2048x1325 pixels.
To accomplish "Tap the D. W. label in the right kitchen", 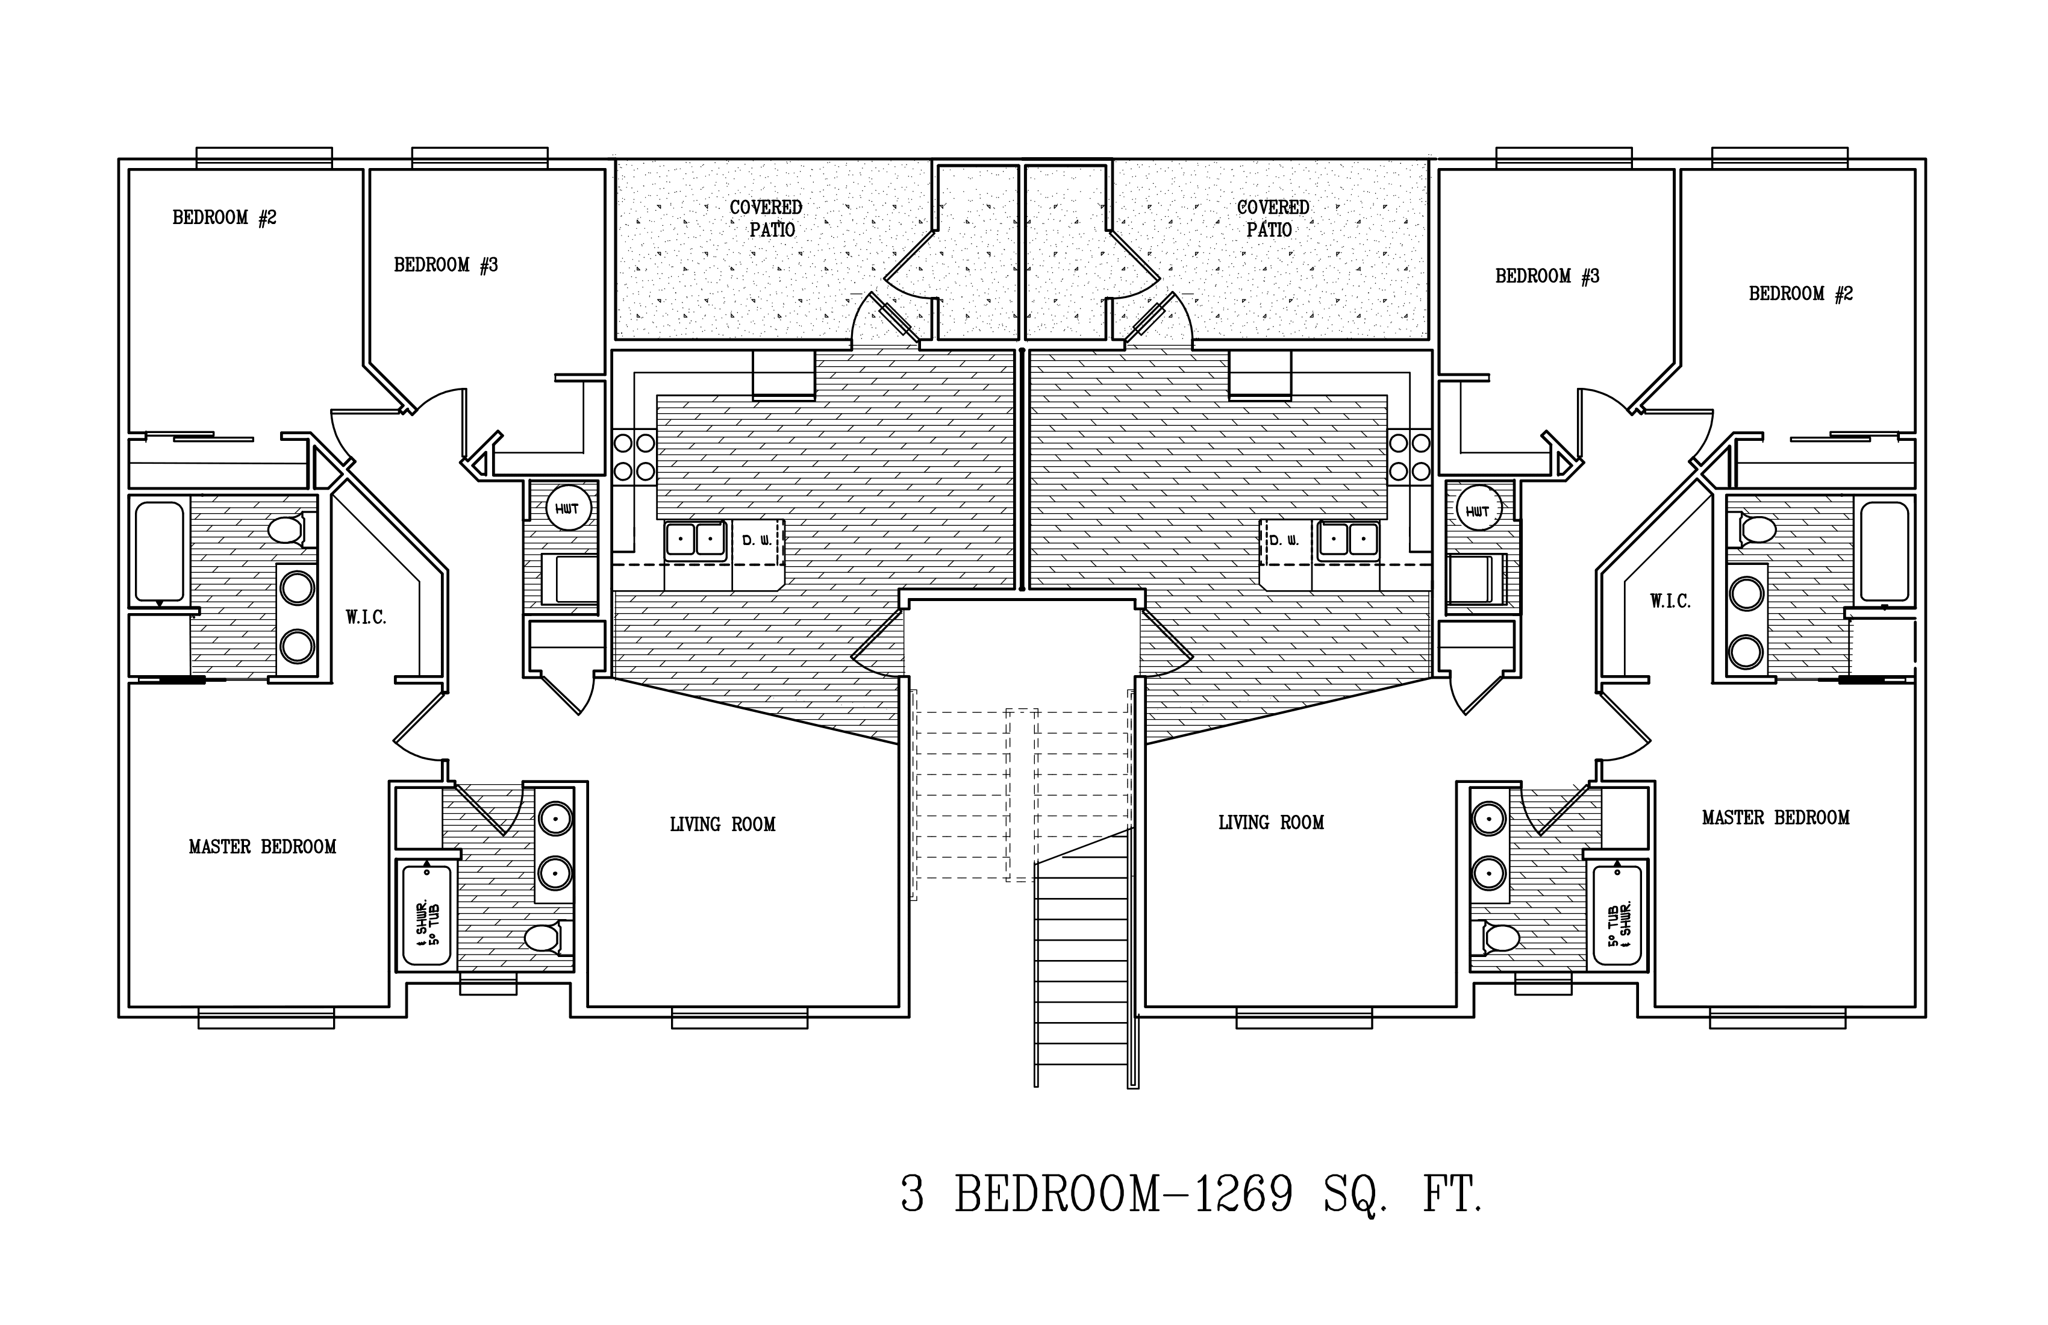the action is pos(1284,540).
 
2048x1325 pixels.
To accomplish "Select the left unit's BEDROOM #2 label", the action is pos(225,217).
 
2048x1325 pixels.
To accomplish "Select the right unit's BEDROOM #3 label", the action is pos(1547,276).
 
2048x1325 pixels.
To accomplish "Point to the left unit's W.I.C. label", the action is pos(366,617).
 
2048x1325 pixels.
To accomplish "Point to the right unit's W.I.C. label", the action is pos(1670,602).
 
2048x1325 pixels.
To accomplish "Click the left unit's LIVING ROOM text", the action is pos(723,825).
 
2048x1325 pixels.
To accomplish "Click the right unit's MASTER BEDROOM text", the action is pos(1775,817).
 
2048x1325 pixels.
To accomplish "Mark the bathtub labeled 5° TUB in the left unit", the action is pos(427,915).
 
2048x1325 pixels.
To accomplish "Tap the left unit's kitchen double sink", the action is pos(695,540).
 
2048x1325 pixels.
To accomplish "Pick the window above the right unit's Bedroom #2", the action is pos(1779,157).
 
